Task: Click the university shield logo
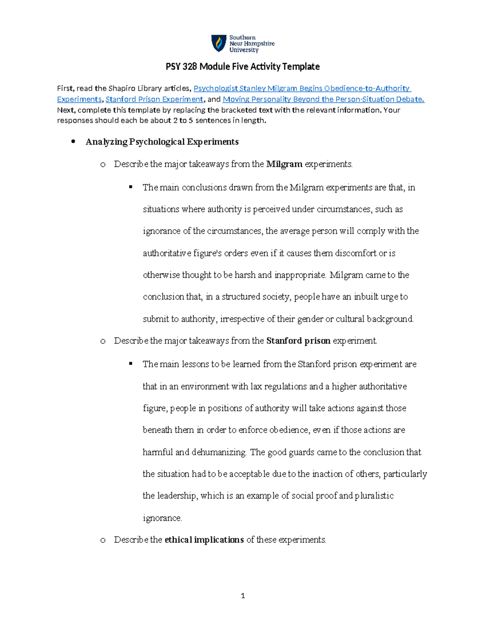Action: (219, 43)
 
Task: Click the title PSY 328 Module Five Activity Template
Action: (243, 66)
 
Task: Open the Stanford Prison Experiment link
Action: (154, 99)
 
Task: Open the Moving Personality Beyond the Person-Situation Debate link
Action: (323, 99)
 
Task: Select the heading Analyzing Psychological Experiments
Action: (162, 142)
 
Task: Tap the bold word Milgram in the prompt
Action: (284, 164)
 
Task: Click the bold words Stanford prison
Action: (298, 341)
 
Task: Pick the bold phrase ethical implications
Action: (204, 540)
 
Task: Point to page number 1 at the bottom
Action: (243, 596)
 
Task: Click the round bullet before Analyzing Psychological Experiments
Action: (73, 142)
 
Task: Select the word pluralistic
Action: (374, 496)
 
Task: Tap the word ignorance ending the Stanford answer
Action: (162, 518)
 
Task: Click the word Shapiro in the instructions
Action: (122, 88)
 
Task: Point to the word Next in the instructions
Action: (65, 110)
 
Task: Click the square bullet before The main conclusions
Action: (131, 187)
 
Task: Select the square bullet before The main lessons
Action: (131, 364)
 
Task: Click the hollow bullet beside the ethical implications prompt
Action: (103, 540)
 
